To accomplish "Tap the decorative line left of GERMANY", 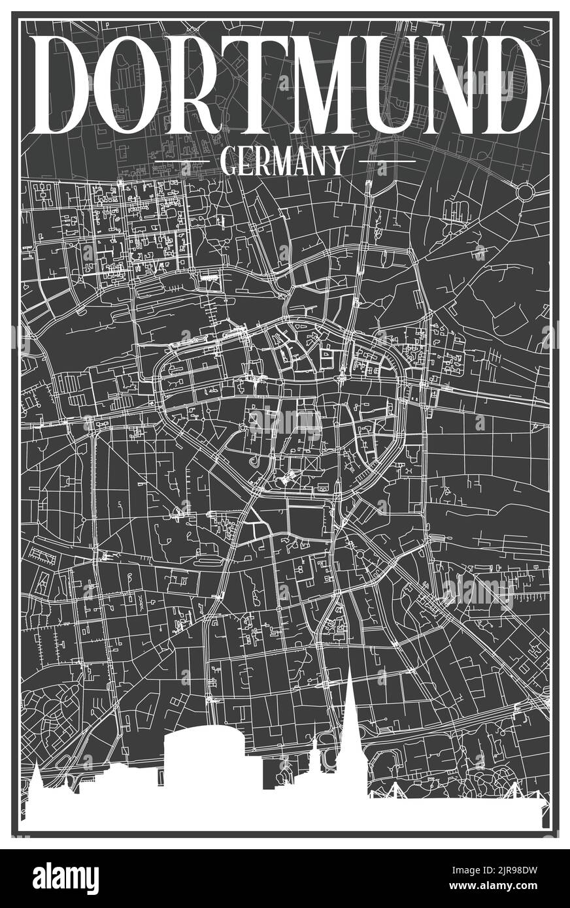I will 182,161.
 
